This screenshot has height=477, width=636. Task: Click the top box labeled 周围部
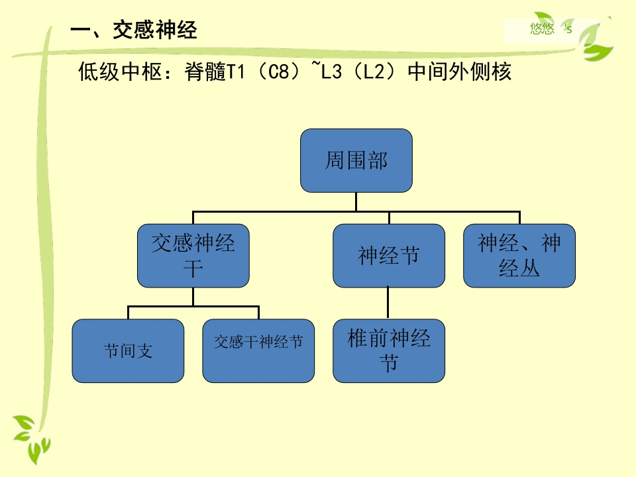click(356, 160)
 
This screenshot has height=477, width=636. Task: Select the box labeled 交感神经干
click(193, 255)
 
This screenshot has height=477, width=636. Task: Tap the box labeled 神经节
click(388, 255)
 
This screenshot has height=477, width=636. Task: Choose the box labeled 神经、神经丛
click(519, 255)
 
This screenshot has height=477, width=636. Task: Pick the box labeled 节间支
click(128, 350)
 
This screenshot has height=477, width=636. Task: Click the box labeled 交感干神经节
click(258, 350)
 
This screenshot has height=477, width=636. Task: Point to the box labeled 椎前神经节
click(388, 350)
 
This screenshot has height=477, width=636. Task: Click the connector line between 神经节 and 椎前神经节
click(388, 303)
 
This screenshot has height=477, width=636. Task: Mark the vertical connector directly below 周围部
click(356, 201)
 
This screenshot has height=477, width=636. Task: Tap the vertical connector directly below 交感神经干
click(193, 296)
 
